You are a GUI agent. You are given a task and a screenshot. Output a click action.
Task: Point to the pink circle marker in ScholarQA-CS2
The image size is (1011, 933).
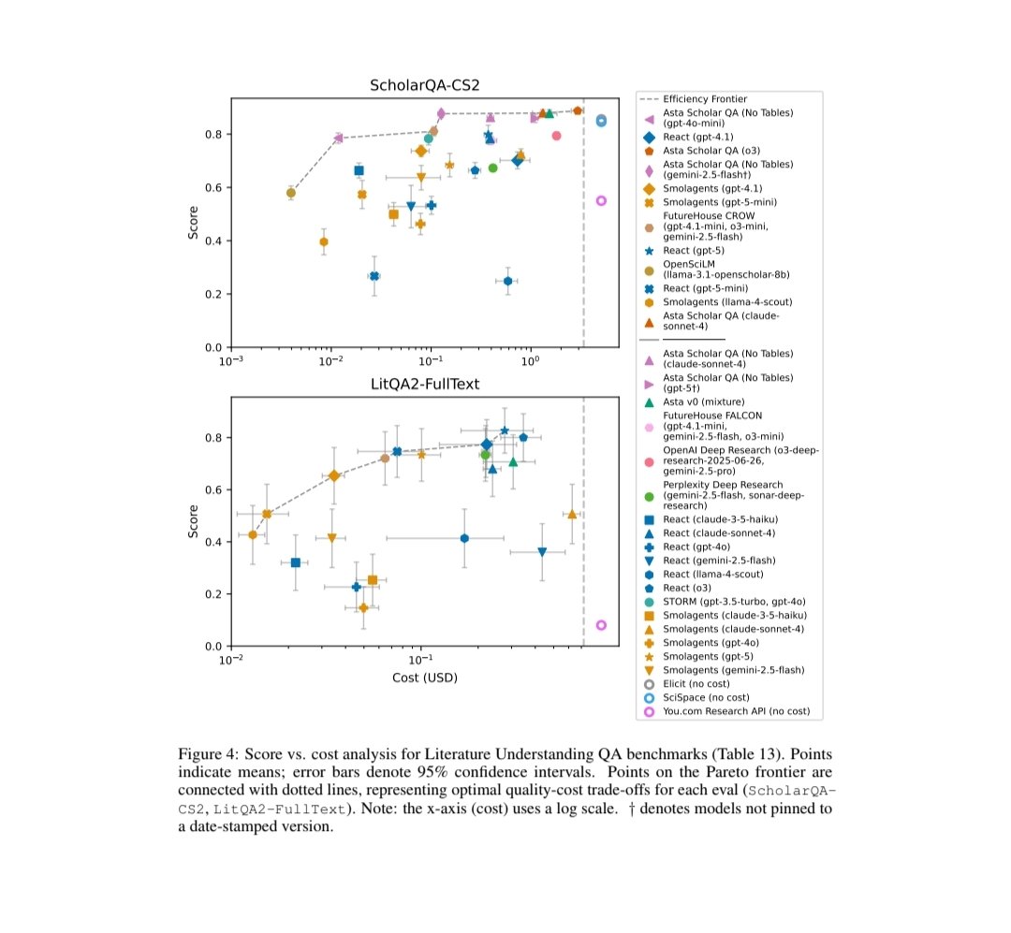pyautogui.click(x=556, y=136)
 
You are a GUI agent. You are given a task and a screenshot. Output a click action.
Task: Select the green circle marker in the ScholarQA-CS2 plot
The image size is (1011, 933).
pyautogui.click(x=493, y=168)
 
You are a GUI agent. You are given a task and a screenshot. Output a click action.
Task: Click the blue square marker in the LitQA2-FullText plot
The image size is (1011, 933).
pyautogui.click(x=296, y=562)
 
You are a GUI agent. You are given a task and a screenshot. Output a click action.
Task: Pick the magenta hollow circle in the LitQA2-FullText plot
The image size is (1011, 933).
pyautogui.click(x=601, y=625)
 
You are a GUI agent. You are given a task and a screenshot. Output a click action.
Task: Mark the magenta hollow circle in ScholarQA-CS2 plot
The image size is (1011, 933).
pyautogui.click(x=601, y=200)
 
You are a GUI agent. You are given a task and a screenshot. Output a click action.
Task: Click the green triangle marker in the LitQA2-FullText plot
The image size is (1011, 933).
pyautogui.click(x=513, y=461)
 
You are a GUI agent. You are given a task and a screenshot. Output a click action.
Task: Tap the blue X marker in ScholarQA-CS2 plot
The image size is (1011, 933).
pyautogui.click(x=374, y=276)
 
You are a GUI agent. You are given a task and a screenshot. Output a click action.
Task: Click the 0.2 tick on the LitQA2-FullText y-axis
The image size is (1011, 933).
pyautogui.click(x=212, y=594)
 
